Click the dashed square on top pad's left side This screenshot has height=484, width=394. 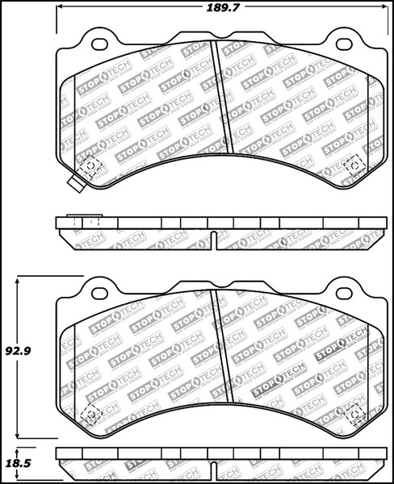(90, 166)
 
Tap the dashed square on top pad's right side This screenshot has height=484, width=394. (353, 166)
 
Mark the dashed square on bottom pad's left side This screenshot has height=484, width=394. (90, 413)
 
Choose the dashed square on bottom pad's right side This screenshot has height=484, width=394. (353, 413)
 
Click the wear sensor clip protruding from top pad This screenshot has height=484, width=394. (77, 183)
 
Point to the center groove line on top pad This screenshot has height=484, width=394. (221, 97)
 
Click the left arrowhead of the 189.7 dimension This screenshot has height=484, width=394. (61, 10)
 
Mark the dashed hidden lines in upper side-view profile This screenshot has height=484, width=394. (84, 221)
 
